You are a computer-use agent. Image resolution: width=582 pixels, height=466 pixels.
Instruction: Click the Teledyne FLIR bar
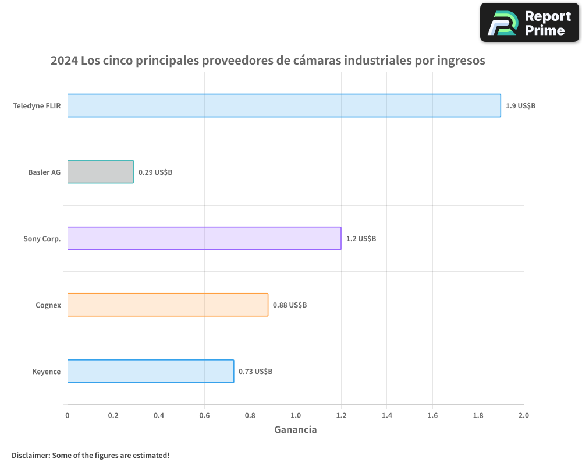click(x=284, y=105)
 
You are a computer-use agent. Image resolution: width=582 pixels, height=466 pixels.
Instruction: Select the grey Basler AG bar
click(x=101, y=172)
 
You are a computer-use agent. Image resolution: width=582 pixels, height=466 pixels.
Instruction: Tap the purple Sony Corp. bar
click(x=204, y=238)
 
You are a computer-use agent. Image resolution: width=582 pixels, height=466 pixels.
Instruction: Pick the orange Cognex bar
click(x=168, y=305)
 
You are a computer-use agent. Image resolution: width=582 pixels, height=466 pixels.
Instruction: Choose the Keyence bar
click(x=151, y=371)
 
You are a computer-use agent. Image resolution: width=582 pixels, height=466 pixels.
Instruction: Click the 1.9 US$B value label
click(x=520, y=106)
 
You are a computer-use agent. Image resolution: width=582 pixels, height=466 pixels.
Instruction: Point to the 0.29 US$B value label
click(x=155, y=172)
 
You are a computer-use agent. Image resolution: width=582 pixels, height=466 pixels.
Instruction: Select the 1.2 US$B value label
click(x=361, y=239)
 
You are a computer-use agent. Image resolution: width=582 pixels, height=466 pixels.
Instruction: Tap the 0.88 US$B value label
click(x=290, y=305)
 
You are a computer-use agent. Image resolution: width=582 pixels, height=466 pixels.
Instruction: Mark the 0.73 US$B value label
click(x=255, y=372)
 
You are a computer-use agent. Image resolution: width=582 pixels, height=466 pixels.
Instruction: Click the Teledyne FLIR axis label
click(x=37, y=106)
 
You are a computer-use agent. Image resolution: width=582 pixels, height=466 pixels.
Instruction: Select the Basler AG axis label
click(x=44, y=172)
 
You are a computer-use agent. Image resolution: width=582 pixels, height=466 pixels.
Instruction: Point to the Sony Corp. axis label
click(x=42, y=239)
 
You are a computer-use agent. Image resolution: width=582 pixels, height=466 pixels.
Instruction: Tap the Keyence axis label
click(x=47, y=372)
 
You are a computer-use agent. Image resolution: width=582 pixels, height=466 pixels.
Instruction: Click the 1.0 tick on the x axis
click(x=296, y=415)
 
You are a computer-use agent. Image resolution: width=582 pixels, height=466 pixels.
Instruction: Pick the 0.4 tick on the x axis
click(x=159, y=415)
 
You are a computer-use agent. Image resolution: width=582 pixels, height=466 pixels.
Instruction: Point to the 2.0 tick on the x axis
click(x=524, y=415)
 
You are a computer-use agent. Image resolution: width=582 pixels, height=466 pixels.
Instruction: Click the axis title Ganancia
click(x=296, y=430)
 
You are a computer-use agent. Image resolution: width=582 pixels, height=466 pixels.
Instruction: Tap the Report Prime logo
click(x=530, y=23)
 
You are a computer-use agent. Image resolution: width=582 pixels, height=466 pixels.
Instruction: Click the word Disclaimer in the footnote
click(x=30, y=455)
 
